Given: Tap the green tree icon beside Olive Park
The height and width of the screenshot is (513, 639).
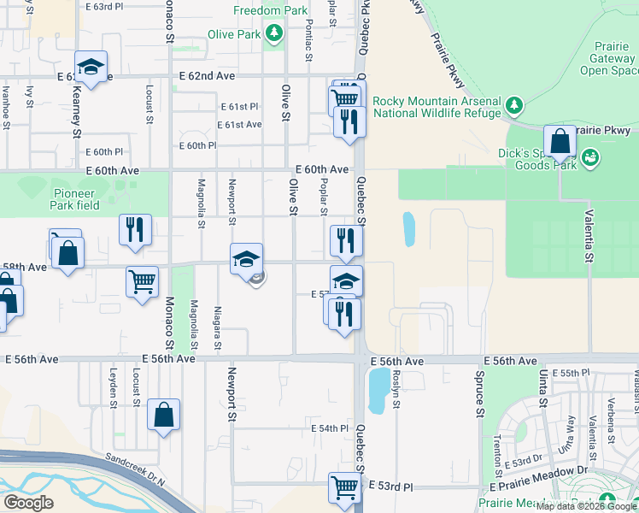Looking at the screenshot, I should pos(274,34).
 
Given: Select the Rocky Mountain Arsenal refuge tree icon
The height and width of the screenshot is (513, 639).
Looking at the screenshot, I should pos(513,105).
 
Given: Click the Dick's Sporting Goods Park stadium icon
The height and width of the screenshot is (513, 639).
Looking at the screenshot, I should pos(589,157).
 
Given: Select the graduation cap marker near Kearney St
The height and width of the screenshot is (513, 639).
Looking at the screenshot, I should pos(90,67).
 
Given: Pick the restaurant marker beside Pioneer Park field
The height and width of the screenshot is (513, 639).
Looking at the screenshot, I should pos(135,229).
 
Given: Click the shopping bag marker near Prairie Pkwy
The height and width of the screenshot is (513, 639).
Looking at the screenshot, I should pos(560,141).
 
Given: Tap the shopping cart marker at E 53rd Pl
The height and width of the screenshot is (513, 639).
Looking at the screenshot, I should pos(344,487).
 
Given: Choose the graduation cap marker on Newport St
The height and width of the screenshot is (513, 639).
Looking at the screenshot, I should pos(246,258).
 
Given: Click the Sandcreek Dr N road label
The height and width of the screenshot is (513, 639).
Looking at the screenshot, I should pos(132,472).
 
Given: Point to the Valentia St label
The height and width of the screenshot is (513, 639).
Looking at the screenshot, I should pos(589,233).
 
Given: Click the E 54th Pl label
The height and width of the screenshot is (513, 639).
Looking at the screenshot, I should pos(331,427).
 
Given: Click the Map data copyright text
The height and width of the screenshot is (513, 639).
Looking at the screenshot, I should pos(586,505).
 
